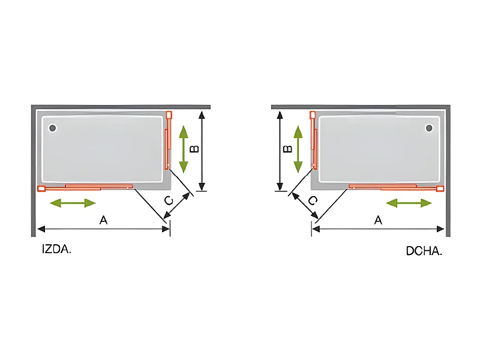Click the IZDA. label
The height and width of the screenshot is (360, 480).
pos(57,250)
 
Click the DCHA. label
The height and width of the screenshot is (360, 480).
pos(424,251)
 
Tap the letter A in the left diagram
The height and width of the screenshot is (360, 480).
pos(103,221)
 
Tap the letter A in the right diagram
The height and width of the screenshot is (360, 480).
pos(378,220)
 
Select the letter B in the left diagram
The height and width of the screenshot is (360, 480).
pos(194,149)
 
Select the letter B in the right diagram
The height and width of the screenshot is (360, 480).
pos(287,148)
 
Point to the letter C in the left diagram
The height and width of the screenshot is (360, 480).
pos(169,200)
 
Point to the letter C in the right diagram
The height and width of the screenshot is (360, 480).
pos(313,200)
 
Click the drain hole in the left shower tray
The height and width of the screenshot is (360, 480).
pos(52,128)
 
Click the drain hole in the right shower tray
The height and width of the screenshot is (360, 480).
pos(429,128)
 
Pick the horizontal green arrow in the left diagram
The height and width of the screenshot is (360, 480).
pos(73,203)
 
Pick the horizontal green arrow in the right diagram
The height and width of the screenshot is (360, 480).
pos(409,203)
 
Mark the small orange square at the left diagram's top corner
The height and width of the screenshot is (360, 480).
pos(169,114)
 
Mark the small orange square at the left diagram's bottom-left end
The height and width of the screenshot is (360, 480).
pos(41,189)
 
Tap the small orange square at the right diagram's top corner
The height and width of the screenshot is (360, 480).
pos(312,114)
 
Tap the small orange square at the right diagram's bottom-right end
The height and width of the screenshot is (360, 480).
pos(440,189)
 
